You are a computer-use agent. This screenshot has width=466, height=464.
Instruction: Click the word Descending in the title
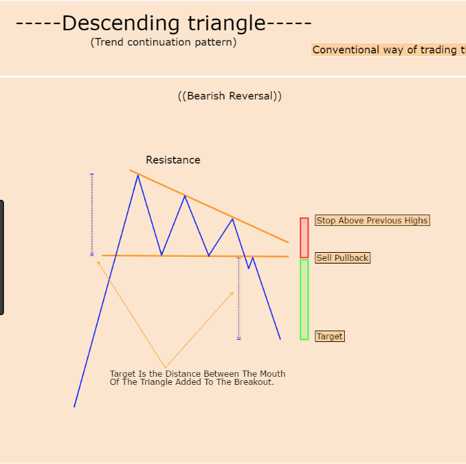click(x=121, y=23)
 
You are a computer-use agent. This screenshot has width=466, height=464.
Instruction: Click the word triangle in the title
click(x=226, y=23)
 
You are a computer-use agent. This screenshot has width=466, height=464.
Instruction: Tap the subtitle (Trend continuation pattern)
click(x=163, y=42)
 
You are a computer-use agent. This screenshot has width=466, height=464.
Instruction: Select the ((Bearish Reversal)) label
click(x=230, y=96)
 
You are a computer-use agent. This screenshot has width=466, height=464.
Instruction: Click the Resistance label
click(x=173, y=160)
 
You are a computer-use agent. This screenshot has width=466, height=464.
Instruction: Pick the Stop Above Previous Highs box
click(x=372, y=220)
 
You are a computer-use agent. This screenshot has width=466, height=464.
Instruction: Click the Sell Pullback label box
click(x=342, y=257)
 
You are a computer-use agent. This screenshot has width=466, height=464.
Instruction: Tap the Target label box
click(x=329, y=337)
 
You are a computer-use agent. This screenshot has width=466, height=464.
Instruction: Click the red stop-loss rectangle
click(x=304, y=238)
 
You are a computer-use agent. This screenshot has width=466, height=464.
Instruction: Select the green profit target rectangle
click(x=304, y=300)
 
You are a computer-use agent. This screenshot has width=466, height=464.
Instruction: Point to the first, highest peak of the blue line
click(x=138, y=176)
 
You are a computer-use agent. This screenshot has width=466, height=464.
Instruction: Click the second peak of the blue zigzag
click(x=185, y=196)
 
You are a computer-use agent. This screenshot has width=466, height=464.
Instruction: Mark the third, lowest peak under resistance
click(x=233, y=219)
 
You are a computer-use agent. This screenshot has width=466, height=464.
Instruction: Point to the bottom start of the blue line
click(x=74, y=406)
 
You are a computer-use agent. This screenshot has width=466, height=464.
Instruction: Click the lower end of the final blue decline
click(x=280, y=339)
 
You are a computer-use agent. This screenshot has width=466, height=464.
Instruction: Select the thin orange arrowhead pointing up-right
click(x=232, y=294)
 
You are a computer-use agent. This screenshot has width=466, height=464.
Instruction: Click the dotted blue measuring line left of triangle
click(x=92, y=215)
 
